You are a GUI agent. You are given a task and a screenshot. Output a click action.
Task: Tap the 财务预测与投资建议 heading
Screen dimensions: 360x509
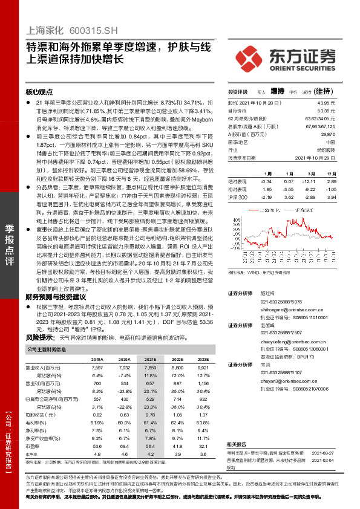(56, 297)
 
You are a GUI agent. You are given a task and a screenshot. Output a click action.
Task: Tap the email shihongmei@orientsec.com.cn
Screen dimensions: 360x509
(289, 308)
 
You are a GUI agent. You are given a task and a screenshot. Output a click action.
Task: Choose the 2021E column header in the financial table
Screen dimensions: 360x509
(149, 359)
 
